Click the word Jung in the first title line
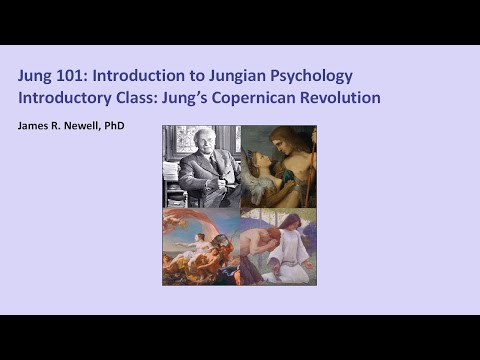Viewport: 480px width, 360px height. (x=37, y=76)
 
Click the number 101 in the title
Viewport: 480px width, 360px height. (x=79, y=76)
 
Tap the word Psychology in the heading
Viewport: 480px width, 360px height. (x=317, y=76)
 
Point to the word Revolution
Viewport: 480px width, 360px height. (x=346, y=98)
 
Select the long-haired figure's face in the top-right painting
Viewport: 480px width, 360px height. (x=288, y=145)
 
